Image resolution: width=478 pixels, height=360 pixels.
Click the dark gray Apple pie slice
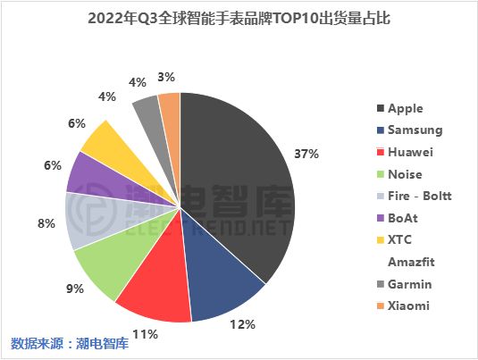tap(241, 188)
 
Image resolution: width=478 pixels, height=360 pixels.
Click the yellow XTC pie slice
tap(103, 138)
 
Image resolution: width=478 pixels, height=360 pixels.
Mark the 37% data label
tap(306, 154)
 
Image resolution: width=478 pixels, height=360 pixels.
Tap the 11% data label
tap(146, 333)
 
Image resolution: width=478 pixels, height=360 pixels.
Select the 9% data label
tap(75, 289)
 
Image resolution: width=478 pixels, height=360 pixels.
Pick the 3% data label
tap(166, 77)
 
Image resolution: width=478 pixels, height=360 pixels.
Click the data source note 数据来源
tap(36, 344)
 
